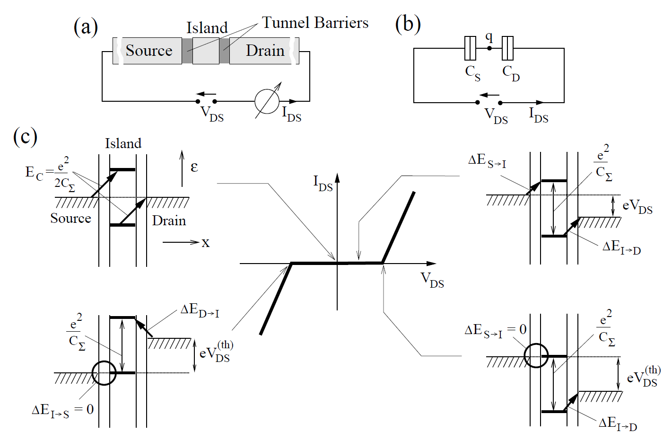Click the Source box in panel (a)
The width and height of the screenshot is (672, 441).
(148, 51)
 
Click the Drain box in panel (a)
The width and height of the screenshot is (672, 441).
(264, 51)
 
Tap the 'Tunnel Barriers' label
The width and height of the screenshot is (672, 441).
(315, 23)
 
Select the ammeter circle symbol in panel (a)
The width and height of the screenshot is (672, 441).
(267, 101)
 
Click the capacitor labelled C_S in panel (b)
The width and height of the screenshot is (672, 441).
(470, 48)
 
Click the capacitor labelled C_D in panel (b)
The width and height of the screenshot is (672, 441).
(507, 48)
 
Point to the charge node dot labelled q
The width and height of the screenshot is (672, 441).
(489, 48)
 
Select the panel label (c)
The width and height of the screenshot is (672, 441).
(25, 136)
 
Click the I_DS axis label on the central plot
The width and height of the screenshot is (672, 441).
(323, 183)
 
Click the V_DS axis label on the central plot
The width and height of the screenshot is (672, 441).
(432, 280)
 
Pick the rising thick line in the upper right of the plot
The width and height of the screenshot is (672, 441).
(398, 227)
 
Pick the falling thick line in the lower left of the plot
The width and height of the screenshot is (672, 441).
(276, 299)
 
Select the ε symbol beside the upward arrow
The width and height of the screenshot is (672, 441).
(194, 167)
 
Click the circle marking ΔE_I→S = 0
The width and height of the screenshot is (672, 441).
(104, 373)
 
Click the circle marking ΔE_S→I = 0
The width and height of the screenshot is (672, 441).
(536, 355)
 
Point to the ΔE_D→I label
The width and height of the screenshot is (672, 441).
(200, 310)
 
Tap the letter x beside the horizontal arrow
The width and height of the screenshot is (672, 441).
(205, 243)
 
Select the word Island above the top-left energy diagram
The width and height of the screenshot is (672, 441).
(123, 143)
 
